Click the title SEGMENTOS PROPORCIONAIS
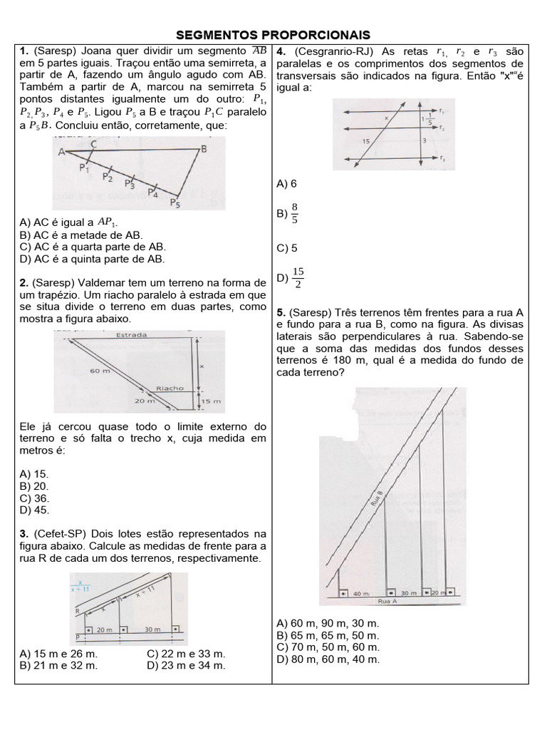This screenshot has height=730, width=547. (273, 35)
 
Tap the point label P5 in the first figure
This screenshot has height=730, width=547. (175, 203)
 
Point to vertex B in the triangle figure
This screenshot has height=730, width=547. (204, 149)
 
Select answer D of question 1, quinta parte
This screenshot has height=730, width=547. (93, 259)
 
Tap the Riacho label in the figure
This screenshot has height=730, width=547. (170, 389)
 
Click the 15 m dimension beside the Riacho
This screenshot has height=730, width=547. (211, 401)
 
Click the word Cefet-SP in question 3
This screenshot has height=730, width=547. (61, 533)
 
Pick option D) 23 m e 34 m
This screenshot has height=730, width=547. (186, 665)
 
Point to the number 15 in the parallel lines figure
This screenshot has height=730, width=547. (366, 142)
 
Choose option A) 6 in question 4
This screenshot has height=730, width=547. (286, 184)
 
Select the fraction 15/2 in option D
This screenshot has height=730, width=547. (298, 279)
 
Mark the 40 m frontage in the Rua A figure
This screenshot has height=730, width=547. (362, 592)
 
